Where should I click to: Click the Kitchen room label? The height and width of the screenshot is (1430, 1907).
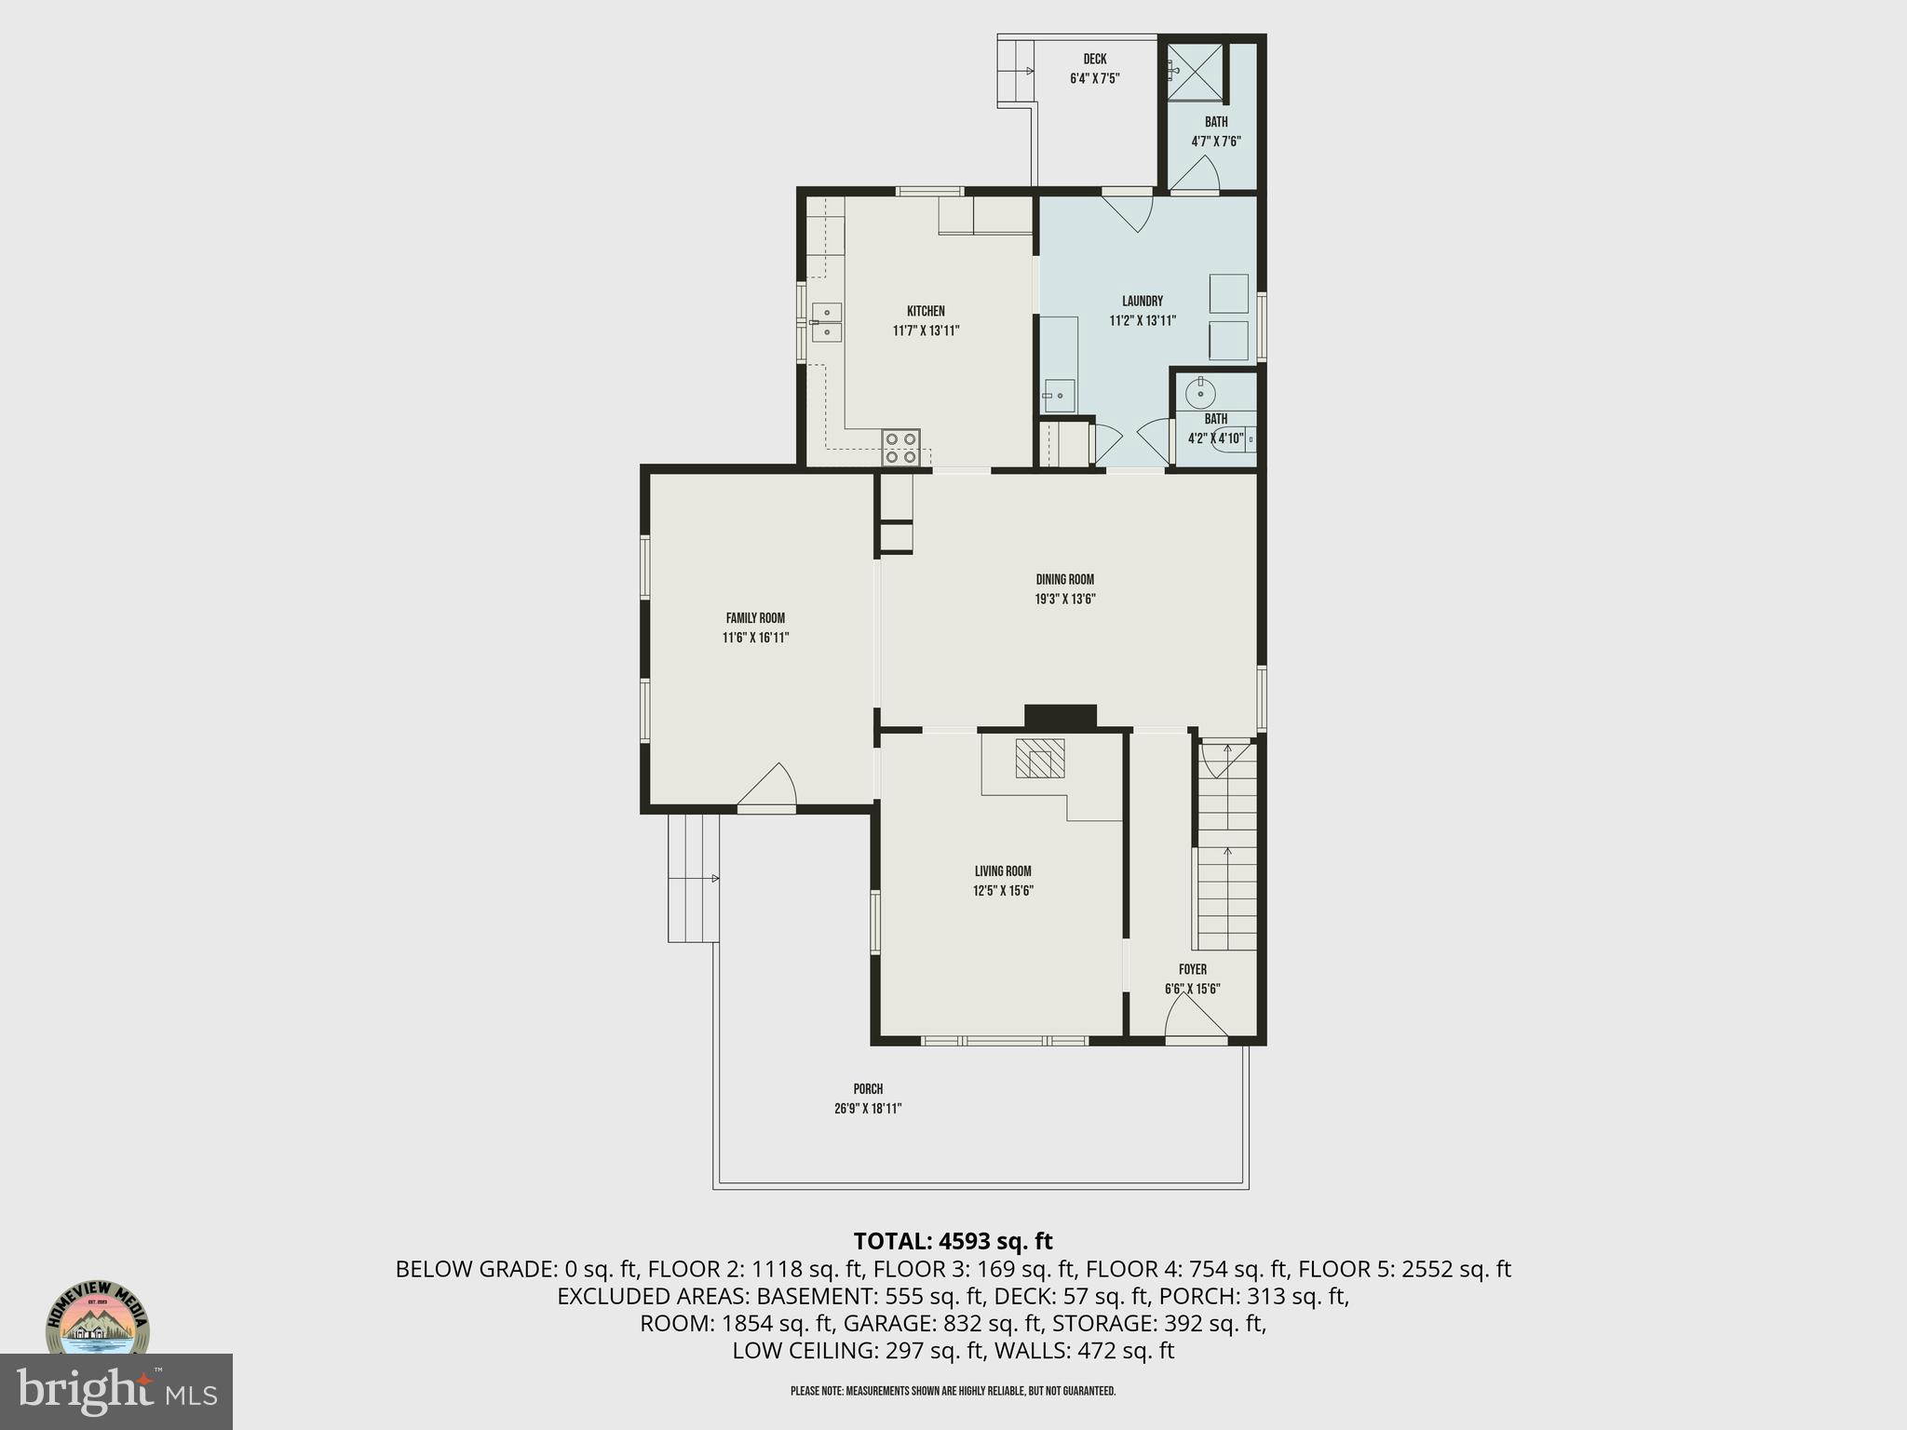926,311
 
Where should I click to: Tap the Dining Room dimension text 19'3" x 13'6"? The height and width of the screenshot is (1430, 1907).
1064,600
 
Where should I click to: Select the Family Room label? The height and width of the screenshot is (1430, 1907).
755,618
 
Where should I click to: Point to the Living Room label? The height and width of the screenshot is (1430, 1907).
1003,871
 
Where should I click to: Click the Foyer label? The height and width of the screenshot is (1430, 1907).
1192,969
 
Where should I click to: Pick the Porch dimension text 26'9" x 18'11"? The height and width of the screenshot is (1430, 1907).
868,1109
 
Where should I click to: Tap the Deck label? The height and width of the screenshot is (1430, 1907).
1094,60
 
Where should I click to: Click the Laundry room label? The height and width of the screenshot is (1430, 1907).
1142,301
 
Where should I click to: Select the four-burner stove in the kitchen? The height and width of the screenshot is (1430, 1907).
901,448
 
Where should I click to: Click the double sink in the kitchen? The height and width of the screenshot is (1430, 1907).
826,322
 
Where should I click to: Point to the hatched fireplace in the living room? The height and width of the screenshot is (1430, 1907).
1039,759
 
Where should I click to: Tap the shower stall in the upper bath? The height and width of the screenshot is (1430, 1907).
1196,71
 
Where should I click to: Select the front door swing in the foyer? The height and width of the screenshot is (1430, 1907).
1196,1017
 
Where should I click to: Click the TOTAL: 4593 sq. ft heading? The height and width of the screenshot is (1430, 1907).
953,1241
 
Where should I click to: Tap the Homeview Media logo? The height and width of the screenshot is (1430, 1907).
98,1322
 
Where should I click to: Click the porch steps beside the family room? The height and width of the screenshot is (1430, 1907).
693,878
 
